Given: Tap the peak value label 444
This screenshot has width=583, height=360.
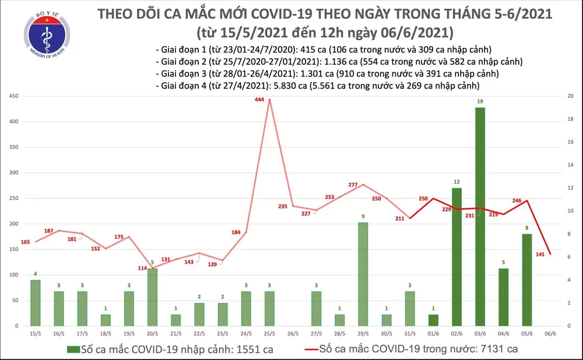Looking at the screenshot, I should coord(259,100).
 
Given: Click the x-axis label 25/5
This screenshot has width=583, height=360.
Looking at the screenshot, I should coord(269,334).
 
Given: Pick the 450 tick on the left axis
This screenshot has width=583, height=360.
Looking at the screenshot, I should coord(13,96).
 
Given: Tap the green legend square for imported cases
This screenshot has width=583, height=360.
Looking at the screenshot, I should coord(73,349).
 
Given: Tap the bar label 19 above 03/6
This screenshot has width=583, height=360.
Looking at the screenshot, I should coord(480,102).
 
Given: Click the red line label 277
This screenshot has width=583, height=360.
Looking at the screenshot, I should coord(352,185).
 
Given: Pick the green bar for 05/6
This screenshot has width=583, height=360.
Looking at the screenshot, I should coord(527,279).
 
